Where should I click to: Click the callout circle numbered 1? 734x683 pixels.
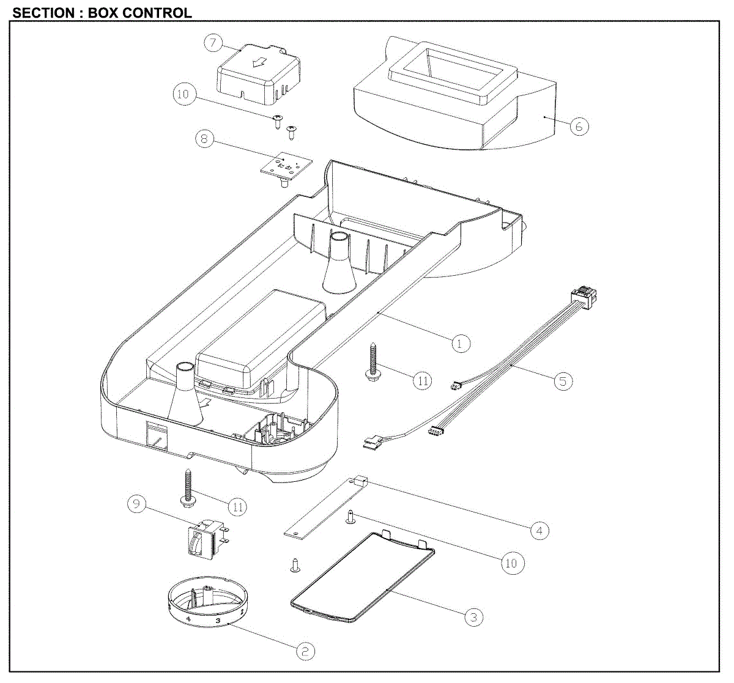(x=461, y=344)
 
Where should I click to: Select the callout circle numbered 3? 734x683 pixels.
(x=473, y=617)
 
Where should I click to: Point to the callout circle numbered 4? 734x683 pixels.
(x=539, y=531)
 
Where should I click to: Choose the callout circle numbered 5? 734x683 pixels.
(x=563, y=381)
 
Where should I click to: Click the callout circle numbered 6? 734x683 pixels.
(x=579, y=126)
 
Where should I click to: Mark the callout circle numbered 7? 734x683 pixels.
(x=213, y=43)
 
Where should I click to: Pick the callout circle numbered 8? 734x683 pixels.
(x=204, y=139)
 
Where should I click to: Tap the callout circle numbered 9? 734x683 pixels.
(x=136, y=504)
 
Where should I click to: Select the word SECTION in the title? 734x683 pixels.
(x=43, y=13)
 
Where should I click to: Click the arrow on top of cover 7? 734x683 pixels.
(x=260, y=62)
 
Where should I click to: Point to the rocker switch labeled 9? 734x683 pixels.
(x=208, y=537)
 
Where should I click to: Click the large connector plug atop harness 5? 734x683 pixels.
(x=584, y=297)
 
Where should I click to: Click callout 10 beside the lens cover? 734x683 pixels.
(x=512, y=563)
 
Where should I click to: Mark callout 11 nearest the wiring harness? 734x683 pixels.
(x=423, y=381)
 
